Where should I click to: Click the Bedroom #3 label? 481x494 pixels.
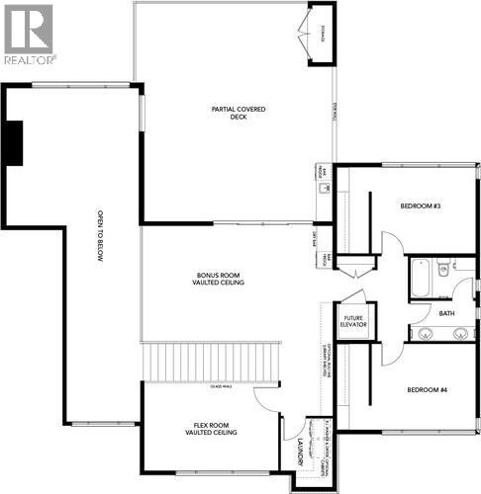click(x=420, y=206)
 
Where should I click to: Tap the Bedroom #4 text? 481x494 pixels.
click(x=428, y=389)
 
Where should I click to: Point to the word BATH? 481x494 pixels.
click(x=446, y=313)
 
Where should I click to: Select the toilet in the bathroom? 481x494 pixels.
click(x=444, y=267)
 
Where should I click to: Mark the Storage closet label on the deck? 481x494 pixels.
click(x=323, y=39)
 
